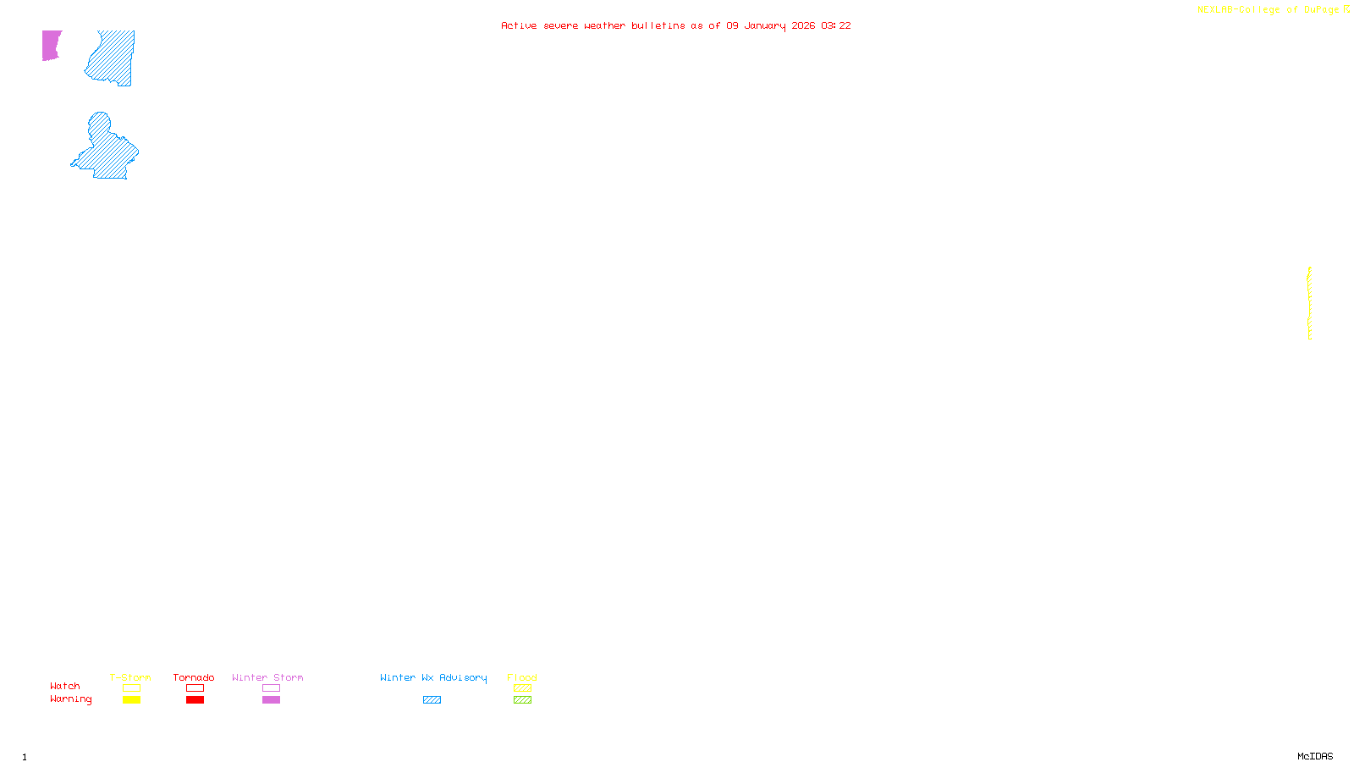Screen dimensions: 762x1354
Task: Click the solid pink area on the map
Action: click(51, 45)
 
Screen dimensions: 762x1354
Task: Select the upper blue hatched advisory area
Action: click(115, 58)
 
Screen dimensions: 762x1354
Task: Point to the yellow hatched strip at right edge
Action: click(1309, 303)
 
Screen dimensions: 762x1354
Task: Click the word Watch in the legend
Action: click(65, 686)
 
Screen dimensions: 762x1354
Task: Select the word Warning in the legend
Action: click(71, 699)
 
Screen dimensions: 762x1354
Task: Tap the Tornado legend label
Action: click(194, 677)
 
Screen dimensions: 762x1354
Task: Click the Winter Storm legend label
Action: click(267, 677)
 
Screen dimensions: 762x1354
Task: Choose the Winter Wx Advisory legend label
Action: click(433, 677)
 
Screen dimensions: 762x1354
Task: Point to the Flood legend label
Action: click(522, 677)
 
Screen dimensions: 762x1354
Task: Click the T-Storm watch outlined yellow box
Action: click(131, 688)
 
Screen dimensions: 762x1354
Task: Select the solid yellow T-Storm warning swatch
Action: click(131, 700)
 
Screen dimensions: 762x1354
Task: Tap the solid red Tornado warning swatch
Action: click(195, 700)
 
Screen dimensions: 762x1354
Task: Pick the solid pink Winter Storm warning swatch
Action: click(271, 700)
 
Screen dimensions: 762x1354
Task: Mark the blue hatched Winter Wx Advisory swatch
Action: click(432, 700)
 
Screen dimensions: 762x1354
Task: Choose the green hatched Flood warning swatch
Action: click(522, 700)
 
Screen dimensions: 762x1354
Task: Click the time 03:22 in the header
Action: click(836, 25)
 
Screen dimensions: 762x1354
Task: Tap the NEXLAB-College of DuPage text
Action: click(1268, 10)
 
